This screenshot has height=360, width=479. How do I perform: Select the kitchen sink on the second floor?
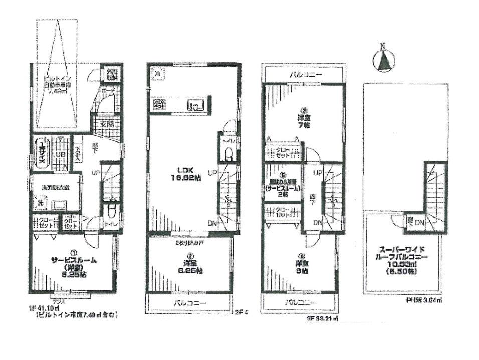click(x=196, y=105)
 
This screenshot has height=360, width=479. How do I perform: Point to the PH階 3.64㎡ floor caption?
click(x=424, y=301)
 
